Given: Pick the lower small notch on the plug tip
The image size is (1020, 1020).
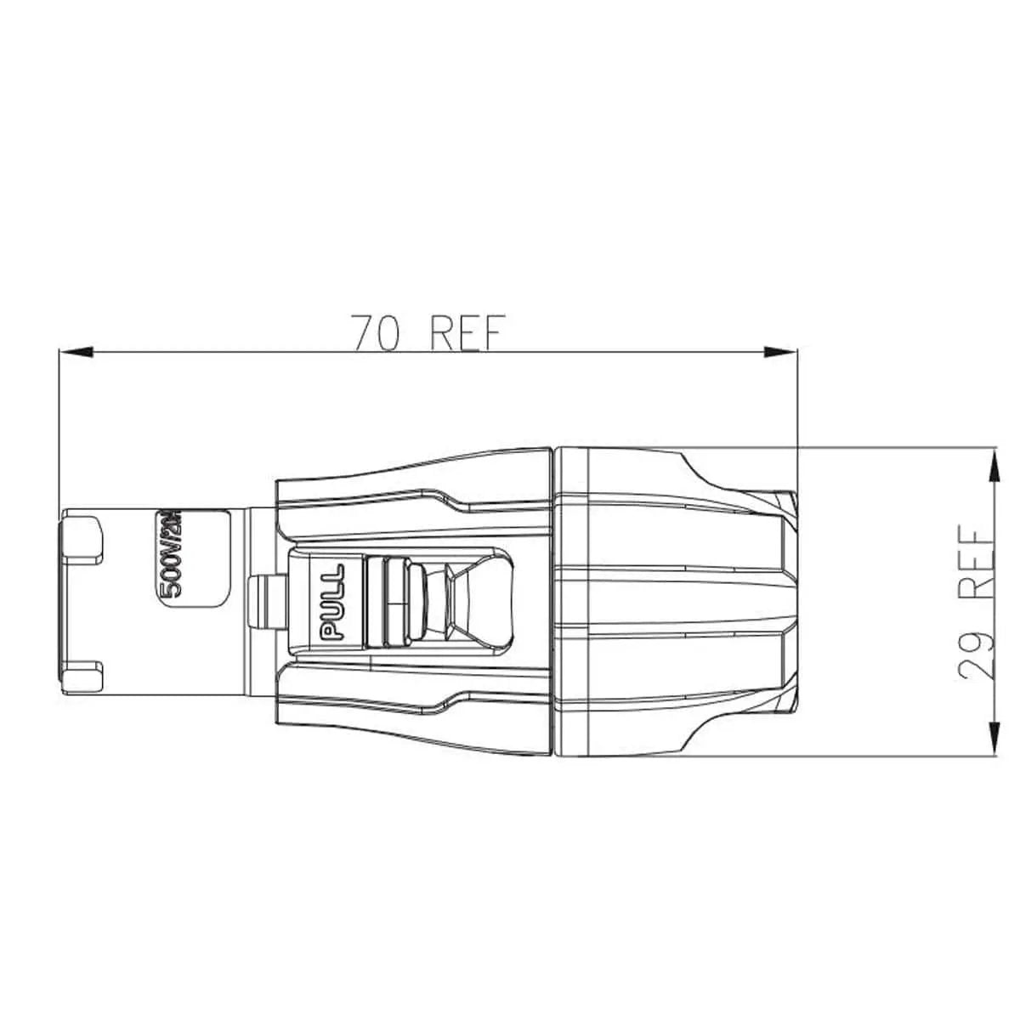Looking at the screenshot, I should point(84,677).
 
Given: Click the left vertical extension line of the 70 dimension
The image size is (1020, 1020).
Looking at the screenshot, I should point(57,425).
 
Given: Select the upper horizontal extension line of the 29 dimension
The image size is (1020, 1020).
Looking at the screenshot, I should point(892,447).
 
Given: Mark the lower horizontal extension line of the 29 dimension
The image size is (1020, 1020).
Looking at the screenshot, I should point(892,755).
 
